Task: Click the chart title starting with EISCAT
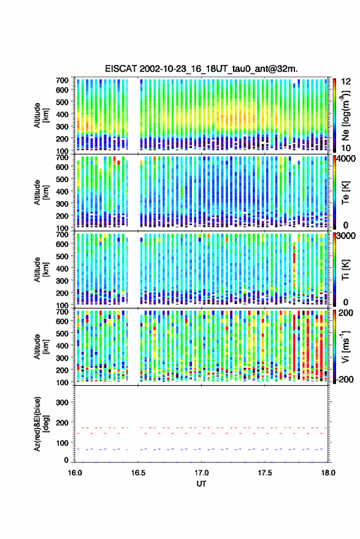(x=202, y=69)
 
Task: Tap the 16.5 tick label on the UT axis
(x=138, y=473)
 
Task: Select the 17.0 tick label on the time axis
(x=202, y=473)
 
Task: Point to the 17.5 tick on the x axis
(x=265, y=473)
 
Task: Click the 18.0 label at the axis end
(x=328, y=473)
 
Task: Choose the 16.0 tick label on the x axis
(x=75, y=473)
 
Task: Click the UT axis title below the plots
(x=202, y=484)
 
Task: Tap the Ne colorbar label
(x=346, y=115)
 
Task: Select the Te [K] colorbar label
(x=345, y=193)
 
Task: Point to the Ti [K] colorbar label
(x=345, y=270)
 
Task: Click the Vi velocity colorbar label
(x=345, y=347)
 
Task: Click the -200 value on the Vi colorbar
(x=345, y=380)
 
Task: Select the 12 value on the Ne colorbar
(x=347, y=82)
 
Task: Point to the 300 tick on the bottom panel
(x=63, y=402)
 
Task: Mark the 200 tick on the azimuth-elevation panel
(x=63, y=422)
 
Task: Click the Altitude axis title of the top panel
(x=41, y=115)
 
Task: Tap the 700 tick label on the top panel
(x=62, y=80)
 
